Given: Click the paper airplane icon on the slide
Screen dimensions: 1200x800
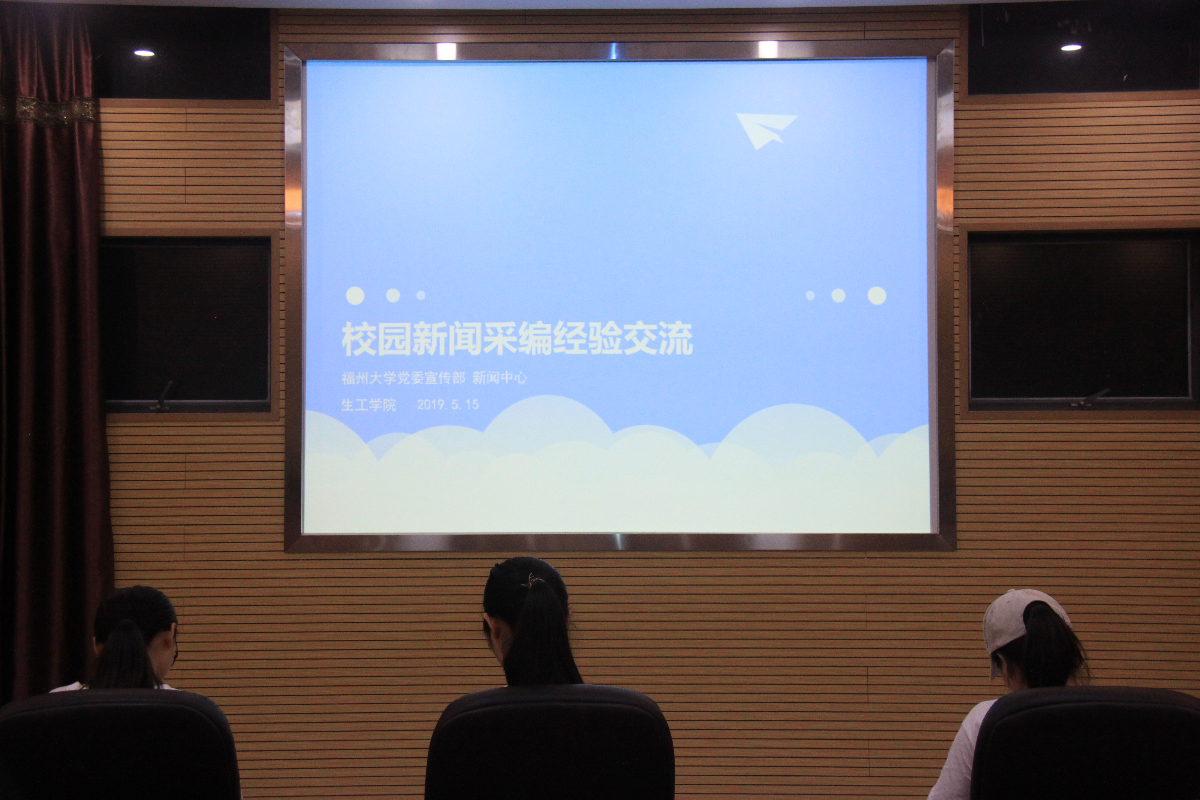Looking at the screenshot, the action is pos(765,130).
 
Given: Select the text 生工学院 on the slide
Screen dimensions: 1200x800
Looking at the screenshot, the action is pos(368,405).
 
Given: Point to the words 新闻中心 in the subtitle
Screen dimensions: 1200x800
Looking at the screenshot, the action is pos(499,378).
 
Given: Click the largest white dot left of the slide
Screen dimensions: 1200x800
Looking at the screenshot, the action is pos(355,295).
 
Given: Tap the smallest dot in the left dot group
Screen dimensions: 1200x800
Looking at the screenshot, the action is pos(421,295).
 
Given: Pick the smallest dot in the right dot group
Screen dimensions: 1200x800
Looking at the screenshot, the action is pos(810,295).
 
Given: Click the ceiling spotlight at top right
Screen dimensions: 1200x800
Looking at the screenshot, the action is pos(1071,47).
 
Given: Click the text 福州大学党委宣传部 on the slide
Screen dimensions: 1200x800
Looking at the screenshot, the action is pos(403,378).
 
